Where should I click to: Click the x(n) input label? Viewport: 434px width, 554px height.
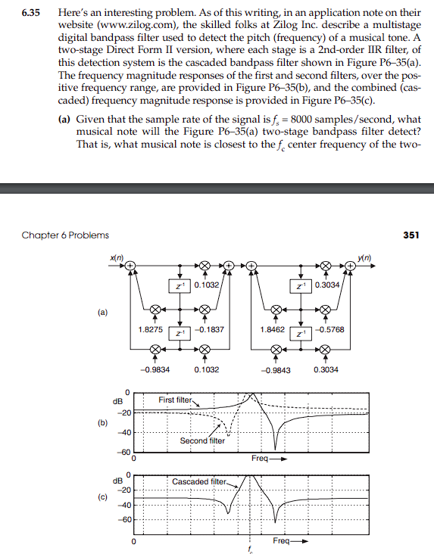[114, 260]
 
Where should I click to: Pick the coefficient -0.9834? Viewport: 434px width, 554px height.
[155, 369]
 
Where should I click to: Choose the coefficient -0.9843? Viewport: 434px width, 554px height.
[276, 369]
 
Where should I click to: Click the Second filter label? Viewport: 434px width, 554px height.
[202, 440]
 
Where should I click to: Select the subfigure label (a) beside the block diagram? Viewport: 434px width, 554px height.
[101, 311]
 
